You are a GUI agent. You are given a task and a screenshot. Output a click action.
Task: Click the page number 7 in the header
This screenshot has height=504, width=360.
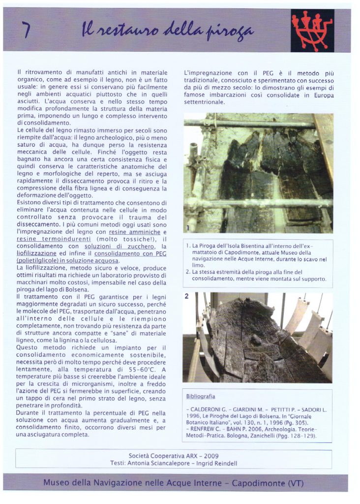[26, 31]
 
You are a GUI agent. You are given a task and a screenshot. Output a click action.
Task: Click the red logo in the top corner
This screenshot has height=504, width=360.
[312, 30]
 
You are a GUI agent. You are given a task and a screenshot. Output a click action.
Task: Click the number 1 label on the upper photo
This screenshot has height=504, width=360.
[187, 227]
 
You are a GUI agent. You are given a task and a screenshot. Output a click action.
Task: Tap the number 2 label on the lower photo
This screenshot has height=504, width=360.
[187, 296]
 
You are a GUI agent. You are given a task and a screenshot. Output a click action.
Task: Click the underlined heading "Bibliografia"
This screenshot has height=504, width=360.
[201, 396]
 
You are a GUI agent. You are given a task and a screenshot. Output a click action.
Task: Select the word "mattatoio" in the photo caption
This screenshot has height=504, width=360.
[206, 252]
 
